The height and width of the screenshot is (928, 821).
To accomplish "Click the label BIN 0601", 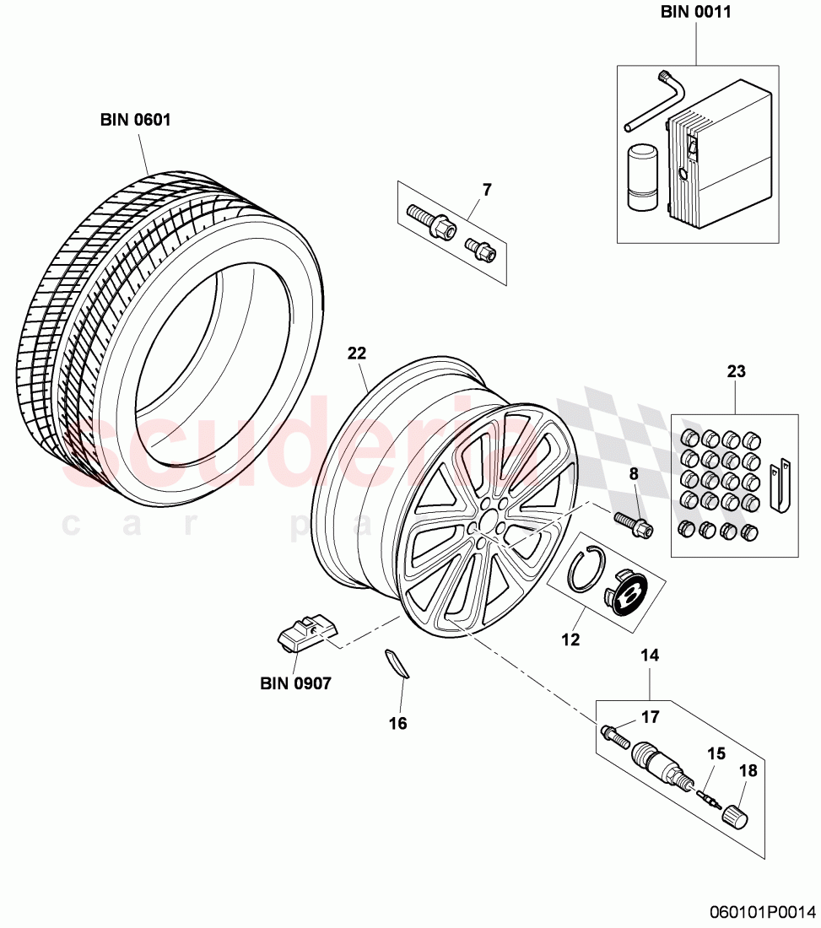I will coord(135,120).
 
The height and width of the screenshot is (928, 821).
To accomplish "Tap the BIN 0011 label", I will coord(696,13).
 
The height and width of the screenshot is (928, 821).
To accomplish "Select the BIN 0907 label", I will coord(294,683).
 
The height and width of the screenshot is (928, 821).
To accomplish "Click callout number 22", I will coord(357,354).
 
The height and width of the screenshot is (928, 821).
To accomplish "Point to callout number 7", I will coord(486,190).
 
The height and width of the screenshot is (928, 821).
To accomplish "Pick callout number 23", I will coord(736,371).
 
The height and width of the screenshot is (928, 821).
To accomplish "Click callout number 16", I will coord(397,723).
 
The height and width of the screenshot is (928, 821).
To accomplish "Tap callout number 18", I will coord(748,769).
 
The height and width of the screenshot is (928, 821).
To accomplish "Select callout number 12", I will coord(570,639).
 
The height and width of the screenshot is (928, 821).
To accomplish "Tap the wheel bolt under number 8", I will coord(632,524).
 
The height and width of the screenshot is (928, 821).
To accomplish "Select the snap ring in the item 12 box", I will coord(582,569).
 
